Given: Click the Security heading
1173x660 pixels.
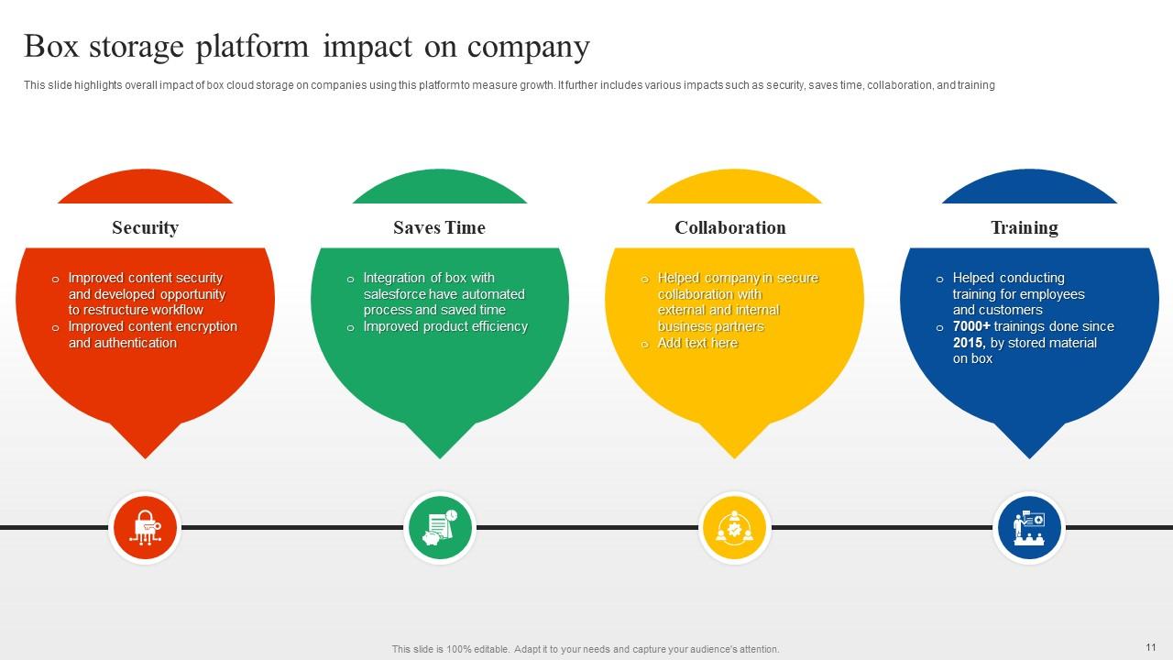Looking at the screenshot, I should tap(145, 227).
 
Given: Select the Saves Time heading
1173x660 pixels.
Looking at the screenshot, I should tap(439, 227).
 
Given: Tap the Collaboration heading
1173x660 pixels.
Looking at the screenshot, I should tap(729, 227).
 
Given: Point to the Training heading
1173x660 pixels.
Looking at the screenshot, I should tap(1024, 227).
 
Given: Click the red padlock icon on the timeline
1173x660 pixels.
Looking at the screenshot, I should tap(145, 527).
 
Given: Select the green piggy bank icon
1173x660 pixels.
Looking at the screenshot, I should tap(439, 527).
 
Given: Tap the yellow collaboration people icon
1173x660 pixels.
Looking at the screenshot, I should tap(733, 527).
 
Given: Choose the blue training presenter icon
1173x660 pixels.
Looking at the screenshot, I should tap(1028, 527).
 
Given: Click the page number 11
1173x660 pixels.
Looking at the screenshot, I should tap(1151, 646).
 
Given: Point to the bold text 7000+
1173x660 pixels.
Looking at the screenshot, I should tap(971, 326).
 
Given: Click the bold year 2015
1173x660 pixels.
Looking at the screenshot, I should tap(968, 343).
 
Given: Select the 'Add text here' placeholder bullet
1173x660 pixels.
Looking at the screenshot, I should tap(697, 343).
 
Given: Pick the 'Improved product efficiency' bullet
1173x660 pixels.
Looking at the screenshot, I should tap(445, 326).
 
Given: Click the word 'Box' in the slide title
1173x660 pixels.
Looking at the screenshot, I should tap(49, 46).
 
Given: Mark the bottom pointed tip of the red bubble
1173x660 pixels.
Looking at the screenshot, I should tap(145, 456).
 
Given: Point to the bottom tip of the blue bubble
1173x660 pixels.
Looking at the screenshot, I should tap(1028, 456).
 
